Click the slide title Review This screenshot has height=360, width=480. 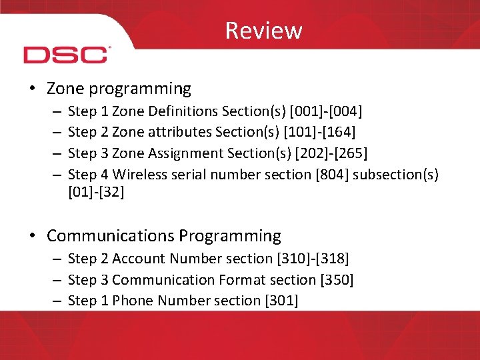[263, 31]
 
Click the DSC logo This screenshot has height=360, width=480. [66, 54]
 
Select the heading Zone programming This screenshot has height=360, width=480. [119, 89]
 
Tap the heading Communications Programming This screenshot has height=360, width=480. [164, 236]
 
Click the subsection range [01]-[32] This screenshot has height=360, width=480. [96, 193]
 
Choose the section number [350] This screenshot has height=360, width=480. [336, 279]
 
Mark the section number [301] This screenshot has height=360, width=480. [281, 301]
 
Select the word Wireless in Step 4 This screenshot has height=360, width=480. [139, 175]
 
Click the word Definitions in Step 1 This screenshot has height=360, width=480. [177, 111]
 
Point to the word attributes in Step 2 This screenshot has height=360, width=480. [175, 132]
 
